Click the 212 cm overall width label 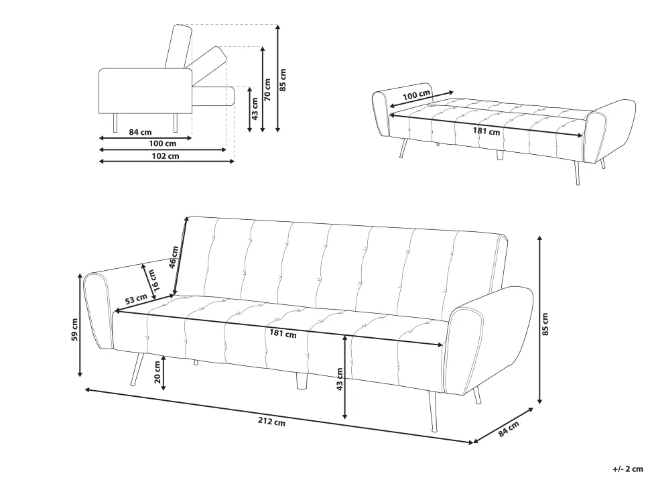[271, 422]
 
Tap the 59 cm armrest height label [74, 329]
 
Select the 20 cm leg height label [157, 372]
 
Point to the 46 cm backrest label [174, 257]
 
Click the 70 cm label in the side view [268, 90]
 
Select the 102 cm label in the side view [166, 156]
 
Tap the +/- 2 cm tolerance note [628, 469]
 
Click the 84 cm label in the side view [140, 132]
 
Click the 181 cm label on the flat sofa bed [486, 131]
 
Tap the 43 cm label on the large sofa [340, 379]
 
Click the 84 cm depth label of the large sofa [508, 429]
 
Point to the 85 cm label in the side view [283, 80]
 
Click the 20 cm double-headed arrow [164, 373]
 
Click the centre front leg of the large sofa [302, 380]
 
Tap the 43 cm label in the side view [255, 109]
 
